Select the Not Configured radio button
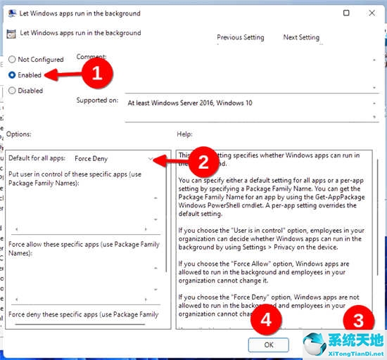13,60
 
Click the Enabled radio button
13,75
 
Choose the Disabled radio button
13,91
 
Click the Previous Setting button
241,37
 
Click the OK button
269,345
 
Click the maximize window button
347,13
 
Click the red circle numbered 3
360,321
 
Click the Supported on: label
97,101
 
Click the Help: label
185,134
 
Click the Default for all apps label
37,159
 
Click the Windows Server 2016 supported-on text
190,103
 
